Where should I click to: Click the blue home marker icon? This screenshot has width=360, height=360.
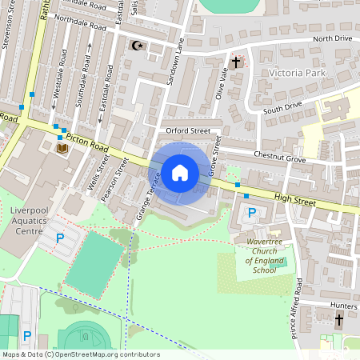pyautogui.click(x=179, y=173)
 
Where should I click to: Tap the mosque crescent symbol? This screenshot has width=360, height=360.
pyautogui.click(x=137, y=46)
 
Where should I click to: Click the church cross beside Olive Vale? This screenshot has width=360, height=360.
pyautogui.click(x=236, y=61)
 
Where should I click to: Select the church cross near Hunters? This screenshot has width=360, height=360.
pyautogui.click(x=338, y=320)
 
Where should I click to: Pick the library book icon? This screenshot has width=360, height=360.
pyautogui.click(x=62, y=148)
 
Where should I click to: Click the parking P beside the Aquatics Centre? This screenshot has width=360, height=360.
pyautogui.click(x=59, y=238)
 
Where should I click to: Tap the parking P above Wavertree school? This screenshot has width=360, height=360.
pyautogui.click(x=253, y=213)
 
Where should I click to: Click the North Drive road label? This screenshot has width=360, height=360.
pyautogui.click(x=332, y=38)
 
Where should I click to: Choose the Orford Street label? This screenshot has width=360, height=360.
pyautogui.click(x=188, y=130)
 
